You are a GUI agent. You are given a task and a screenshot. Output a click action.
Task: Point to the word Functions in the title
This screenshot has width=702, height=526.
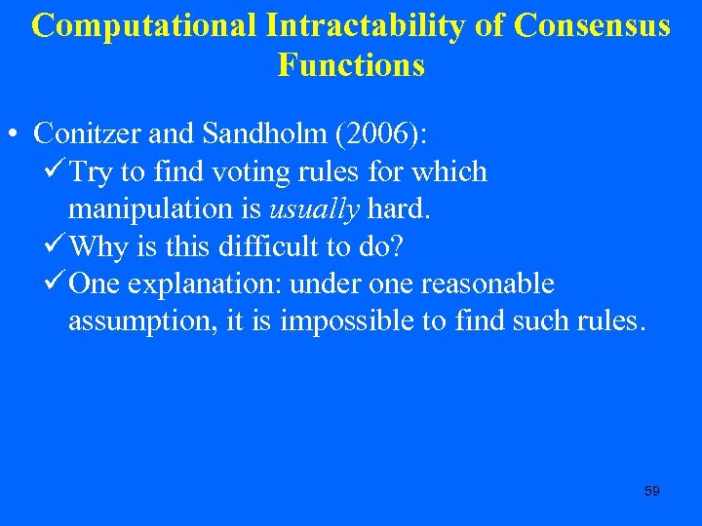coord(351,65)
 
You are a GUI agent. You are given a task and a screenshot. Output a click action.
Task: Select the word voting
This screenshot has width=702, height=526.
coord(268,172)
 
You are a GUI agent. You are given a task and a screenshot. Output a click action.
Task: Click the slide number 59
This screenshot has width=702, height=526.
coord(652,492)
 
